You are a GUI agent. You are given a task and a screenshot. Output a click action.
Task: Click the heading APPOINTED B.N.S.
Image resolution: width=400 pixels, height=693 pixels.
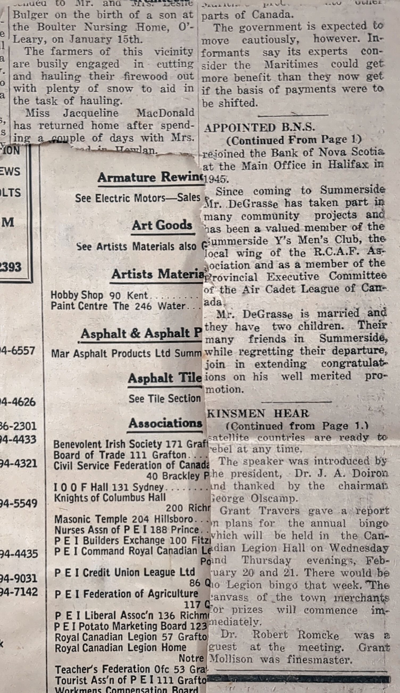coord(259,127)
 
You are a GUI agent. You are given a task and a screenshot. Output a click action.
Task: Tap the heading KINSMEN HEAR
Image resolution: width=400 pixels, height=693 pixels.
coord(258,414)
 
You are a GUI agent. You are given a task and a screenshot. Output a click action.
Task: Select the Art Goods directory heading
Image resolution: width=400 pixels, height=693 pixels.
coord(162,225)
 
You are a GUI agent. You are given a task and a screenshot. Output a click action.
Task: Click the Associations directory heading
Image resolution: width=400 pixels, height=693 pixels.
coord(165,423)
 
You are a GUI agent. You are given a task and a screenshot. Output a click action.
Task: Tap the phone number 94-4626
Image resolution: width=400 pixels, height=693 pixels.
coord(18,402)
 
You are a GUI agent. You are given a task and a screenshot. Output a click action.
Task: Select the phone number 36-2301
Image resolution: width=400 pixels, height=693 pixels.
coord(18,426)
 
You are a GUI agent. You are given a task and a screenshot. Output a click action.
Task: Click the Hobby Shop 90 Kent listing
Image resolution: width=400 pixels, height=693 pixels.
coord(99,295)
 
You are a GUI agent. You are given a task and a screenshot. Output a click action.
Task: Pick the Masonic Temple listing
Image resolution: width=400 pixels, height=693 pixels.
coord(124,519)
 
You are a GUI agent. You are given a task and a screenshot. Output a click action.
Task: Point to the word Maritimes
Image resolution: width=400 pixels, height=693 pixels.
coord(291,65)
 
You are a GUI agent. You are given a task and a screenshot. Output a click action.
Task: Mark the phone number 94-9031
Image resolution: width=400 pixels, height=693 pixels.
coord(18,579)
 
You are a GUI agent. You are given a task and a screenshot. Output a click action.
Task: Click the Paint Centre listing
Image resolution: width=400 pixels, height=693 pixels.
coord(118,306)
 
